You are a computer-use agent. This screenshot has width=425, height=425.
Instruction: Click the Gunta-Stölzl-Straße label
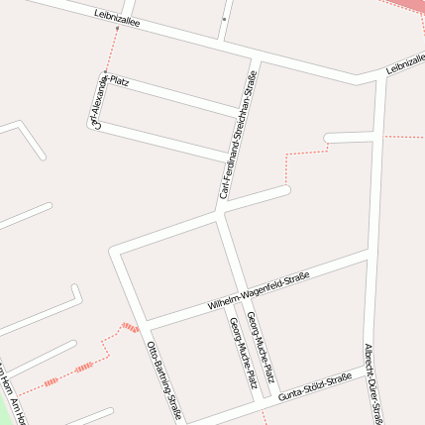point(315,386)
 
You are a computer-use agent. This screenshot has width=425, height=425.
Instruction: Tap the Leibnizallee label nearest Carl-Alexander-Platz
point(117,22)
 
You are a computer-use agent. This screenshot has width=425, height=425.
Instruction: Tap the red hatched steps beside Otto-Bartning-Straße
point(128,327)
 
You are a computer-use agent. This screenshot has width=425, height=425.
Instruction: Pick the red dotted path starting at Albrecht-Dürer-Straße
point(401,136)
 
